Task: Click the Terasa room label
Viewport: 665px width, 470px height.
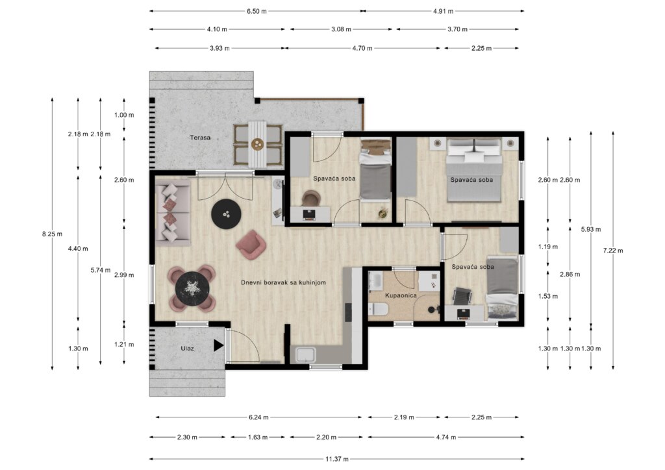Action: tap(200, 138)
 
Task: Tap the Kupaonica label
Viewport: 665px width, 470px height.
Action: tap(401, 295)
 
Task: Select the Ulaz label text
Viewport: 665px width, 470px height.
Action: tap(188, 349)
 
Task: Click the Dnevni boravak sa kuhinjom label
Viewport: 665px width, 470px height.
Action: tap(283, 282)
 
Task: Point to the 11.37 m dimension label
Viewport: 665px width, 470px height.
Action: tap(337, 459)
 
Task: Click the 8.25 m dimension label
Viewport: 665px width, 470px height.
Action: tap(52, 234)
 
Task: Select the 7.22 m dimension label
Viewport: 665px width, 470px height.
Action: tap(613, 251)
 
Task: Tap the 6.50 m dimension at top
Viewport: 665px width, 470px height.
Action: tap(257, 11)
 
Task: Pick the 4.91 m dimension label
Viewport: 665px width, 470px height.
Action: tap(443, 11)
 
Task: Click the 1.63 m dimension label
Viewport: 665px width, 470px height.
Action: tap(258, 437)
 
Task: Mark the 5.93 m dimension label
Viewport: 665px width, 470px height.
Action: tap(591, 229)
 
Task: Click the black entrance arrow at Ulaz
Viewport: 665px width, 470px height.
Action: tap(218, 345)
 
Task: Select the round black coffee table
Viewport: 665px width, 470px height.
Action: tap(227, 214)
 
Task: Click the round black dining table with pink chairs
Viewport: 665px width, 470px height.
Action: tap(192, 288)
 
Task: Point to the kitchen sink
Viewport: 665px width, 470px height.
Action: tap(305, 355)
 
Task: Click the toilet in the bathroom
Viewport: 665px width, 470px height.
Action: tap(378, 310)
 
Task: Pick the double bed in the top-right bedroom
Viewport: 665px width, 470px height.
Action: tap(475, 170)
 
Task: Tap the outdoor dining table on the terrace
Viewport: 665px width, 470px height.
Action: tap(257, 145)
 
